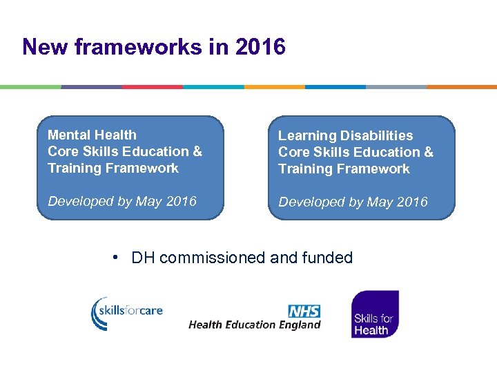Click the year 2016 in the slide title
pyautogui.click(x=260, y=47)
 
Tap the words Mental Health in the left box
pyautogui.click(x=92, y=135)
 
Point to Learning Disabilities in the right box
pyautogui.click(x=345, y=135)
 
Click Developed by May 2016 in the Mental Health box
pyautogui.click(x=122, y=201)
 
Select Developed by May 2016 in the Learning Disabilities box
pyautogui.click(x=353, y=202)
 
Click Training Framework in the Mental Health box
pyautogui.click(x=113, y=168)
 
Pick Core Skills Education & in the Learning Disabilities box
pyautogui.click(x=355, y=152)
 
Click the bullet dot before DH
pyautogui.click(x=117, y=258)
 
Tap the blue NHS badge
pyautogui.click(x=304, y=311)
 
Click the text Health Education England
pyautogui.click(x=254, y=325)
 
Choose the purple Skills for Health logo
pyautogui.click(x=375, y=314)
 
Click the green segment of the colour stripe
pyautogui.click(x=30, y=87)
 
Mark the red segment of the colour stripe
pyautogui.click(x=152, y=87)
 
